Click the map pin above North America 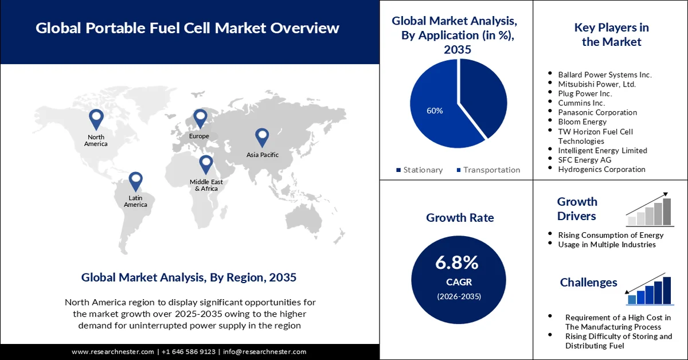click(x=96, y=119)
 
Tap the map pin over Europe click(x=200, y=119)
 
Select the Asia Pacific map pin click(x=262, y=136)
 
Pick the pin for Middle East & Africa click(x=206, y=164)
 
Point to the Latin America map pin click(x=135, y=181)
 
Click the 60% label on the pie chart click(x=435, y=111)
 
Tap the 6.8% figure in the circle click(x=457, y=263)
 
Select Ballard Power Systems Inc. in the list click(x=604, y=75)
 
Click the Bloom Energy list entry click(x=582, y=122)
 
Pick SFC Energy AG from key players click(x=585, y=160)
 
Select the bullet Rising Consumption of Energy click(x=611, y=235)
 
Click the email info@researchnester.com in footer click(x=264, y=351)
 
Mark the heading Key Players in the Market click(x=611, y=34)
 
